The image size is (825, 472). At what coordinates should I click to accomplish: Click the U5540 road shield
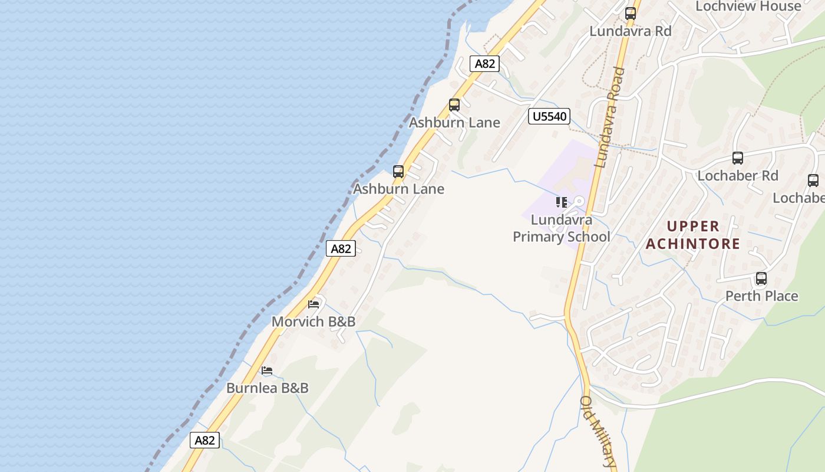point(549,116)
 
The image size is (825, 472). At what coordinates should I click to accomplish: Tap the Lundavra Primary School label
point(561,228)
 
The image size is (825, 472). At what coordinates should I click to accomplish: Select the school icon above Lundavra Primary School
point(561,203)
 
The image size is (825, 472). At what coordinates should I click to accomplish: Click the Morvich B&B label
point(313,322)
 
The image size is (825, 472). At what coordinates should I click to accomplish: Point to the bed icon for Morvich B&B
point(313,304)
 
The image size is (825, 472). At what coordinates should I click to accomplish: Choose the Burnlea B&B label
point(268,388)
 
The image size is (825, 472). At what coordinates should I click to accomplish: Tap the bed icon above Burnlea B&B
point(267,371)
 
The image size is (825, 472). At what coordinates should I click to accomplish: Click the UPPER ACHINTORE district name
point(693,235)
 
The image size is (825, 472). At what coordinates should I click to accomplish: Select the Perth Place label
point(761,296)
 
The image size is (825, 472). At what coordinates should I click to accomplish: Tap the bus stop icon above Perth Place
point(761,278)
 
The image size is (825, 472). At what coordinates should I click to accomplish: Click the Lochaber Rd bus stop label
point(738,176)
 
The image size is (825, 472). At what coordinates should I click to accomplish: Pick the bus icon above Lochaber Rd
point(738,158)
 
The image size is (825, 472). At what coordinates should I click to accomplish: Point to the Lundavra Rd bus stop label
point(631,31)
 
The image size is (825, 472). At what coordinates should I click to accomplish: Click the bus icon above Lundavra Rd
point(631,14)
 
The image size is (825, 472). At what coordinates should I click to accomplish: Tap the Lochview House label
point(748,6)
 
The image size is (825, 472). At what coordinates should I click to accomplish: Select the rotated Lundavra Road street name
point(609,118)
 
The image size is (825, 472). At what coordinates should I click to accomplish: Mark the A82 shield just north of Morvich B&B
point(341,248)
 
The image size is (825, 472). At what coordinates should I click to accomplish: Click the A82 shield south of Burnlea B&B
point(204,440)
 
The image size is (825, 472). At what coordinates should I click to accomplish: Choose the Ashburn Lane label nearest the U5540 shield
point(454,123)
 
